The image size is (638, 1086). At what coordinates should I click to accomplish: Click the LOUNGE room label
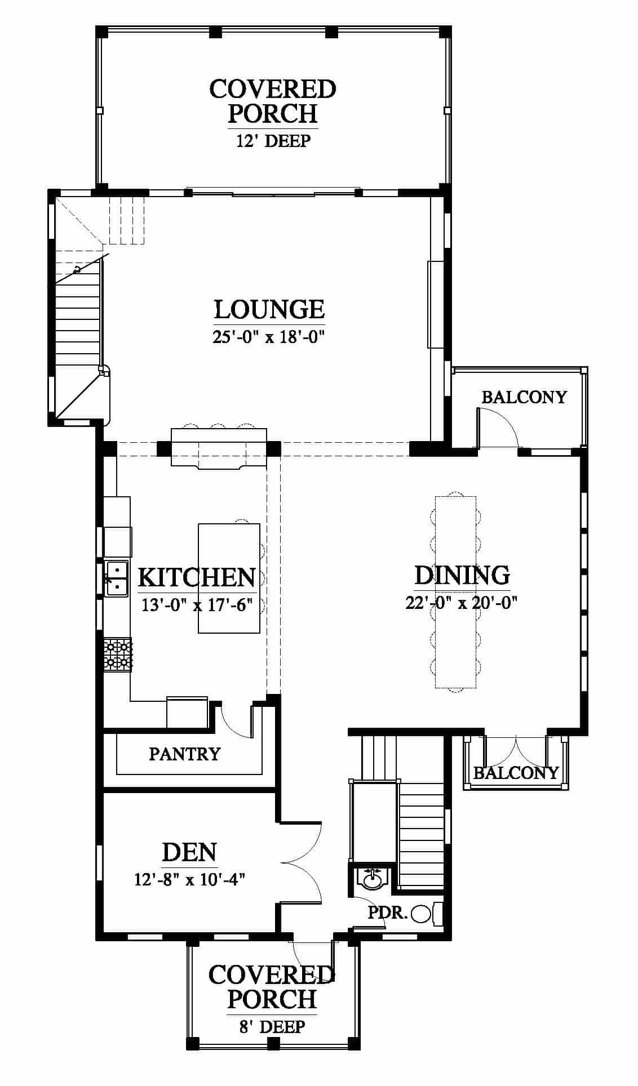coord(269,309)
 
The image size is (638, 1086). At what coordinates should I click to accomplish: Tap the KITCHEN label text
coord(197,577)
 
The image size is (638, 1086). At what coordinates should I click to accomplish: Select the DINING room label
coord(462,575)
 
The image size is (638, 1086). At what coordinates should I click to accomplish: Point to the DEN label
coord(189,852)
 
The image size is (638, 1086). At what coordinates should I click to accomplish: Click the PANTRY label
coord(184,754)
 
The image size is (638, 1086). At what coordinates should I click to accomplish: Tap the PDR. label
coord(387,913)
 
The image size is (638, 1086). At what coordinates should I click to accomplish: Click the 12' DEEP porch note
coord(273,140)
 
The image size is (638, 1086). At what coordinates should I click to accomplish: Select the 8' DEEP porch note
coord(272,1027)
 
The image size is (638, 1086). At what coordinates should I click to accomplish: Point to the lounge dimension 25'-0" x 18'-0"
coord(270,337)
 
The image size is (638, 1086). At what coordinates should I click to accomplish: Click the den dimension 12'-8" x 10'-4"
coord(189,879)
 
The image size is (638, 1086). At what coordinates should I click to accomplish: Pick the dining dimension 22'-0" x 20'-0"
coord(462,603)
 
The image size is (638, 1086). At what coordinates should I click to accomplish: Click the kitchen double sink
coord(116,578)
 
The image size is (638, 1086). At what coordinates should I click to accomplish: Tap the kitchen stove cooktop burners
coord(117,655)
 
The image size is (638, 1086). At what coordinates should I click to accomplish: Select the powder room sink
coord(371,878)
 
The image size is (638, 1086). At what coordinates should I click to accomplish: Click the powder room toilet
coord(428,913)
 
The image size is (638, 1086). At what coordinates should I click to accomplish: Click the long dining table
coord(455,592)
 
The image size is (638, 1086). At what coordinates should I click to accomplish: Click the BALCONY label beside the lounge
coord(524,397)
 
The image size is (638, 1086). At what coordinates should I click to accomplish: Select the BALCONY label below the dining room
coord(516,772)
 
